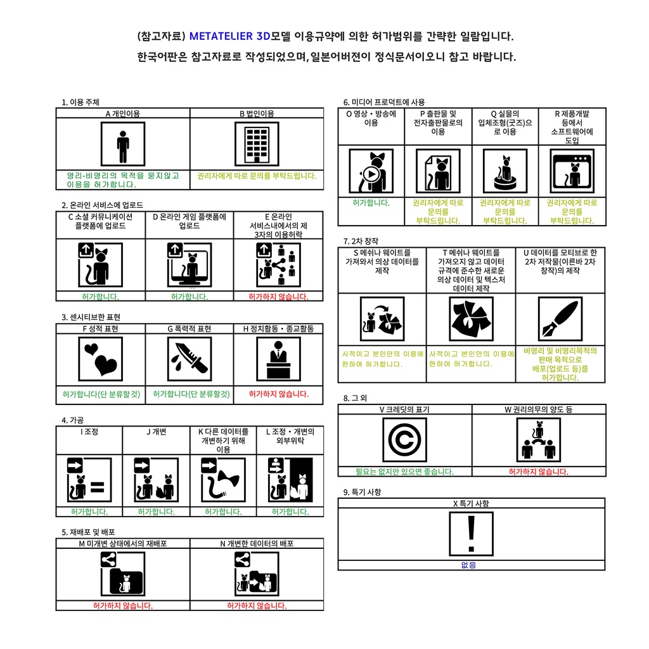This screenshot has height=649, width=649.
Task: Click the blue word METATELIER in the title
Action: coord(221,36)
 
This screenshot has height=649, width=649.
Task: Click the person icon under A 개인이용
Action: coord(123,144)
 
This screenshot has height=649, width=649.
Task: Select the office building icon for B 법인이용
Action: coord(257,144)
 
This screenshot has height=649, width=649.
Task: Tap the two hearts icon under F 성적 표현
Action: coord(101,359)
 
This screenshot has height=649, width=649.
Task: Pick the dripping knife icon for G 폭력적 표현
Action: coord(190,359)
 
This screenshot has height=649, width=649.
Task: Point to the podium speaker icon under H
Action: coord(279,359)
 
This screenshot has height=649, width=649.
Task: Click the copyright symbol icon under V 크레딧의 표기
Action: coord(404,440)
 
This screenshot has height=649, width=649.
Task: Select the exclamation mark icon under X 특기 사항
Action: coord(471,534)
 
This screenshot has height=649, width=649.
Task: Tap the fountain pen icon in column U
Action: coord(560,319)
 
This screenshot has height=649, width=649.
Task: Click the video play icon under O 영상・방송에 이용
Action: coord(371,171)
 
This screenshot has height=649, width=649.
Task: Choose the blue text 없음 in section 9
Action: coord(468,565)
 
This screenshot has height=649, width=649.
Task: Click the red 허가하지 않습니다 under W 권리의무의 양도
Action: coord(539,472)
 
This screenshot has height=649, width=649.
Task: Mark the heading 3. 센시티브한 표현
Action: coord(91,317)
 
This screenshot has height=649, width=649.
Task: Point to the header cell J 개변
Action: coord(156,432)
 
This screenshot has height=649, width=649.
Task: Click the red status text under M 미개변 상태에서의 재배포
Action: coord(123,605)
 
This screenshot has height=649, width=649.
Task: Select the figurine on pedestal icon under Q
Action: coord(505,171)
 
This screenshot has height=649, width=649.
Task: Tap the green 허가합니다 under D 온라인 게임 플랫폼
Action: coord(190,297)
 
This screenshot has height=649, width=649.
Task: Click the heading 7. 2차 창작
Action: coord(361,241)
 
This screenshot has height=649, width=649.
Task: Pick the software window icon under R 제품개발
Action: coord(572,171)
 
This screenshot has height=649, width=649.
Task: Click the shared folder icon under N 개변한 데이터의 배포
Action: coord(257,574)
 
